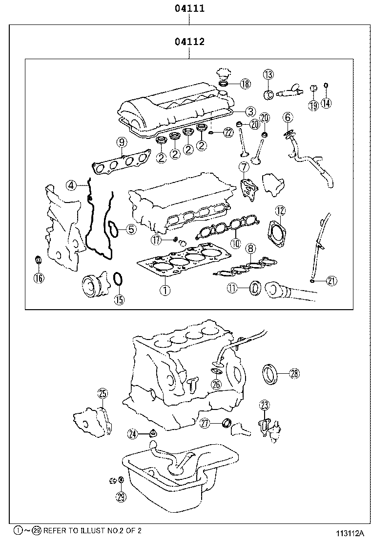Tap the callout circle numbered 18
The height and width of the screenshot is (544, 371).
(x=245, y=84)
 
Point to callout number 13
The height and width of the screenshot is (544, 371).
(x=268, y=74)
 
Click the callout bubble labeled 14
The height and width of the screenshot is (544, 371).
(x=327, y=103)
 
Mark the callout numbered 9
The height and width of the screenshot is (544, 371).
(x=122, y=143)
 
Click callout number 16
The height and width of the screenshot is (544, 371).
(x=38, y=278)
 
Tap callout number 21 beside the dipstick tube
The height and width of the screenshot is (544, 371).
(x=332, y=280)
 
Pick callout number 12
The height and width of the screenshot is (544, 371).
(x=280, y=211)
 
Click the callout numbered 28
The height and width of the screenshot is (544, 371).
(x=294, y=374)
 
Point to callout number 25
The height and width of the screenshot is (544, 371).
(x=103, y=393)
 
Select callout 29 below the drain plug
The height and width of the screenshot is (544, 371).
(x=121, y=497)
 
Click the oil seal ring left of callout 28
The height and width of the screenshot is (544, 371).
(x=269, y=374)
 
